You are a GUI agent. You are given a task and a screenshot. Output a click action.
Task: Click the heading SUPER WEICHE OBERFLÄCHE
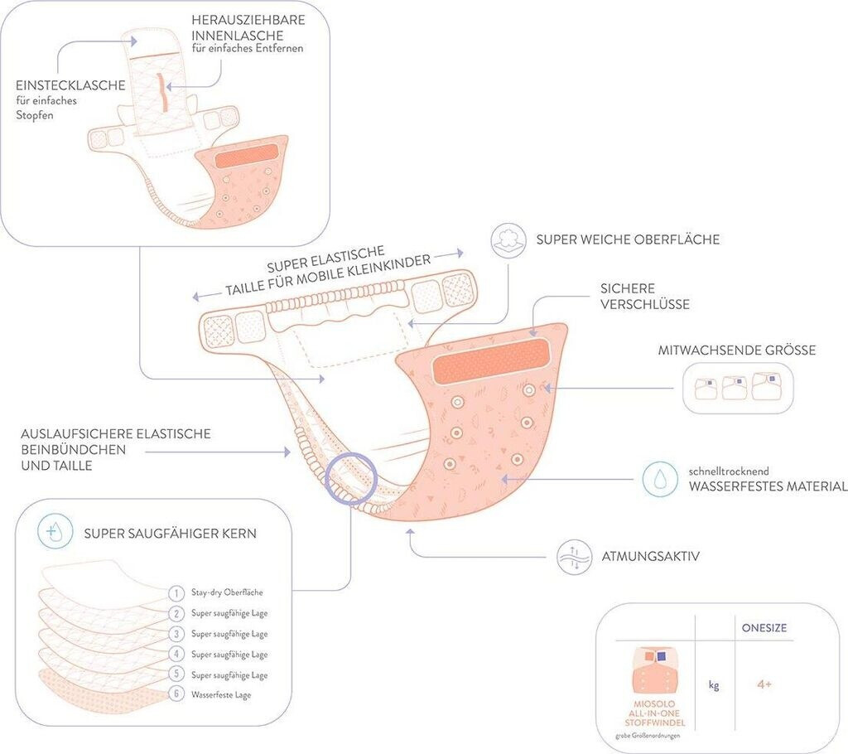click(x=628, y=239)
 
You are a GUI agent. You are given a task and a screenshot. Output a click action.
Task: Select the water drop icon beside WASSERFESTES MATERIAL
click(x=660, y=479)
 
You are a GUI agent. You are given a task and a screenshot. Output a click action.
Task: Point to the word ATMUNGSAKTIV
click(x=652, y=556)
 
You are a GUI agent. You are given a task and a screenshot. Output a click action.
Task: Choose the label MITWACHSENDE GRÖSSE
click(x=737, y=350)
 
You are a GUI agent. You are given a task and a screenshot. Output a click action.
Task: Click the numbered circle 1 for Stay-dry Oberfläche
click(x=176, y=592)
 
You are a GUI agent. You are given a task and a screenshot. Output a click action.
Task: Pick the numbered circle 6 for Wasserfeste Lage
click(x=176, y=694)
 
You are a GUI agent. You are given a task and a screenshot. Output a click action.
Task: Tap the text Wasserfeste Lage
click(x=220, y=695)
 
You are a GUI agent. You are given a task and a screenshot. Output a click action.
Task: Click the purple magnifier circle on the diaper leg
click(x=351, y=480)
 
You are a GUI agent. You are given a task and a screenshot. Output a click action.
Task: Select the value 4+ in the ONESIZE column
click(x=764, y=684)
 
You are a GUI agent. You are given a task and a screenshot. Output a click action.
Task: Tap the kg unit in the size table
click(x=713, y=685)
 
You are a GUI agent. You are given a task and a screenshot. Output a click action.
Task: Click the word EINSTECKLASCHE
click(x=70, y=85)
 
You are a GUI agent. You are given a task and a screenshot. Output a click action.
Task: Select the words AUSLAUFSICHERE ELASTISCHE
click(x=117, y=433)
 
